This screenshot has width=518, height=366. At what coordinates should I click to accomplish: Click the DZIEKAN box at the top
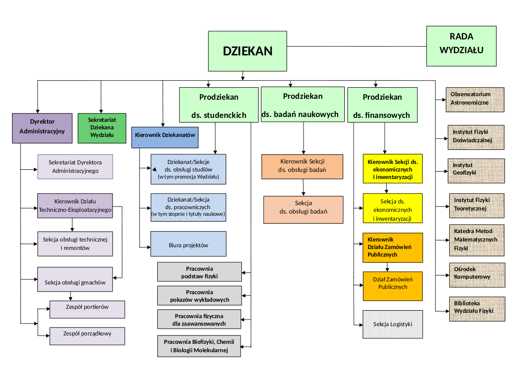tap(248, 51)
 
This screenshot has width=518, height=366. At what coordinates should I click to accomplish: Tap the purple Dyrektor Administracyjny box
tap(42, 128)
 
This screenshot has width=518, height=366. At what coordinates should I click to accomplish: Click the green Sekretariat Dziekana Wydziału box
tap(102, 128)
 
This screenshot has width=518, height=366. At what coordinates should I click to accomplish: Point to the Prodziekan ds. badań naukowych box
tap(303, 105)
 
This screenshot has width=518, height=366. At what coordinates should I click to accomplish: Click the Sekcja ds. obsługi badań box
tap(303, 210)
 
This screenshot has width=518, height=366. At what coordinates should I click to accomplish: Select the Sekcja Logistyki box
tap(393, 324)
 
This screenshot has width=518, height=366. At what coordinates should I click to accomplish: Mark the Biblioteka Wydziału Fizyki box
tap(477, 308)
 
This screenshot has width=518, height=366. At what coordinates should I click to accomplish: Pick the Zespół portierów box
tap(87, 309)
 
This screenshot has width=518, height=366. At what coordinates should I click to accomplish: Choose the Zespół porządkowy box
tap(87, 336)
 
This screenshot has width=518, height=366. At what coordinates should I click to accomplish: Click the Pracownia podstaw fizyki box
tap(199, 272)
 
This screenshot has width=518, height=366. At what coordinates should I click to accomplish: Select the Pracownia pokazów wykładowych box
tap(199, 296)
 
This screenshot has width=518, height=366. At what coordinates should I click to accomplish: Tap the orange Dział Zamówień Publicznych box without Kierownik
tap(393, 286)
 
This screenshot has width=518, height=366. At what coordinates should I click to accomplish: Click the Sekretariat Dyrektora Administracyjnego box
tap(75, 166)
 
